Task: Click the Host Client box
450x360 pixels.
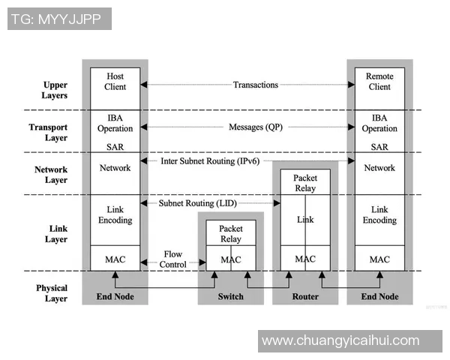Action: pyautogui.click(x=115, y=82)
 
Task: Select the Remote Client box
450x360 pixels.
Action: pyautogui.click(x=379, y=82)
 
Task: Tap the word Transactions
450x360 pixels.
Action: pyautogui.click(x=255, y=85)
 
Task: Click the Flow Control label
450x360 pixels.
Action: pyautogui.click(x=173, y=259)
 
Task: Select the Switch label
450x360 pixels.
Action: pyautogui.click(x=230, y=296)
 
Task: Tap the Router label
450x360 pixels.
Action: pyautogui.click(x=305, y=296)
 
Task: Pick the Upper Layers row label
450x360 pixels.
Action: pyautogui.click(x=55, y=91)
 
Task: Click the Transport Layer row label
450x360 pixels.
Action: pyautogui.click(x=49, y=133)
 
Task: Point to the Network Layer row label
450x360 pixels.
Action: pyautogui.click(x=50, y=175)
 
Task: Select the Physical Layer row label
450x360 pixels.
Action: pyautogui.click(x=52, y=293)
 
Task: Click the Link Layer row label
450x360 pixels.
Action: pyautogui.click(x=55, y=234)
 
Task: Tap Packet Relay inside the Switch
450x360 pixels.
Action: pyautogui.click(x=230, y=233)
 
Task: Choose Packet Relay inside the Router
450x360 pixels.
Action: pyautogui.click(x=305, y=183)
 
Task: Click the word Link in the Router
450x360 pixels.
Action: pyautogui.click(x=305, y=220)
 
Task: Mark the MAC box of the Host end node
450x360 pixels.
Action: pyautogui.click(x=115, y=259)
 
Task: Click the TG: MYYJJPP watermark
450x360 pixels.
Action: pyautogui.click(x=59, y=19)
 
